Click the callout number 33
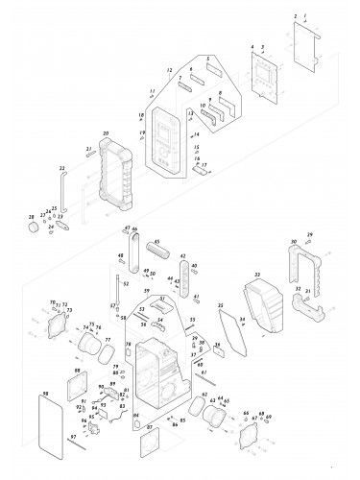click(256, 276)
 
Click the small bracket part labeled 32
click(310, 307)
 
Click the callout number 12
click(168, 71)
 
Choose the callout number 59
click(147, 291)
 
